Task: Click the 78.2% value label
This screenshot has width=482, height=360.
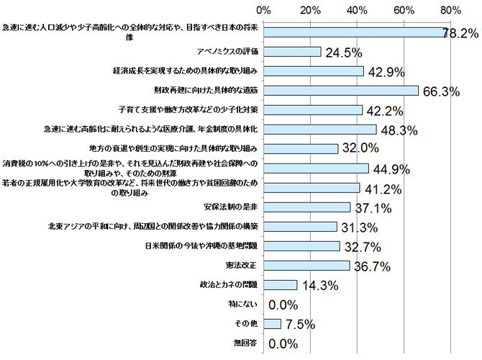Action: coord(460,34)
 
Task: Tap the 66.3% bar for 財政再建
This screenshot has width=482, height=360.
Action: coord(341,91)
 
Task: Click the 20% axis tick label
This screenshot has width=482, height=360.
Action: coord(310,9)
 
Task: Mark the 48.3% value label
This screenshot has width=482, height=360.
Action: coord(398,130)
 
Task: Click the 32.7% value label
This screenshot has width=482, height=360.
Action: coord(361,247)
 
